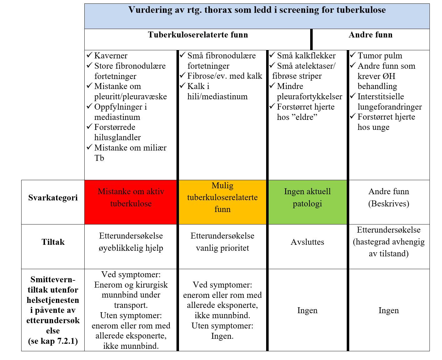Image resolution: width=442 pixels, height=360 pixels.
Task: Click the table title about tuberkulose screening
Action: (257, 10)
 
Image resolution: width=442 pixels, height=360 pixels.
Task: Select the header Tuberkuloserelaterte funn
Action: (198, 35)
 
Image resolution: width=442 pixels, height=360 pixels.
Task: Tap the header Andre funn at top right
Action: (370, 35)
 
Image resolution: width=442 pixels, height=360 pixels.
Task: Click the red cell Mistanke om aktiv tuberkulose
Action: (131, 198)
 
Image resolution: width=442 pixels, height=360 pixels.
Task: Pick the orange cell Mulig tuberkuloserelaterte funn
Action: (222, 197)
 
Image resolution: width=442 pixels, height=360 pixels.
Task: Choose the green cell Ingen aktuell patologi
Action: (307, 198)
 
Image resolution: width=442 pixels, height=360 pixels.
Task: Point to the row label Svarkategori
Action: (53, 198)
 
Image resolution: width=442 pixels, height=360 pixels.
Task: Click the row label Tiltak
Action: (53, 242)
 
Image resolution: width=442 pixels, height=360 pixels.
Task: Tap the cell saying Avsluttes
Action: (307, 242)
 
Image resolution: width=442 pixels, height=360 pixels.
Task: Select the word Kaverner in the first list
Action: (111, 56)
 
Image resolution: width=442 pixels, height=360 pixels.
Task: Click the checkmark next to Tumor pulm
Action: (353, 55)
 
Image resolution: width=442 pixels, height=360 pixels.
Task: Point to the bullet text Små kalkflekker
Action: (306, 56)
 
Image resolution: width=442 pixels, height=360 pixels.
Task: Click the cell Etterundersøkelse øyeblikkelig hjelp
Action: (131, 242)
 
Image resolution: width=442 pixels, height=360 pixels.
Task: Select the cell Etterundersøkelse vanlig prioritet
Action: (222, 242)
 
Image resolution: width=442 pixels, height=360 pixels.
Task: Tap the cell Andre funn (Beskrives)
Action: (389, 198)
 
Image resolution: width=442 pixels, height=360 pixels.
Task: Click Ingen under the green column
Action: (307, 310)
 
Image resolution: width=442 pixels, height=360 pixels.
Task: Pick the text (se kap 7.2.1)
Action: (53, 341)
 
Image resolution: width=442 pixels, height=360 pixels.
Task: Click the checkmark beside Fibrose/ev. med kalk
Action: (182, 76)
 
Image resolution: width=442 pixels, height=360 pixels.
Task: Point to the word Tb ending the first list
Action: (99, 158)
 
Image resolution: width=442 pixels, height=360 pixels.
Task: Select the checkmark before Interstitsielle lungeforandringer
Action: (353, 96)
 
